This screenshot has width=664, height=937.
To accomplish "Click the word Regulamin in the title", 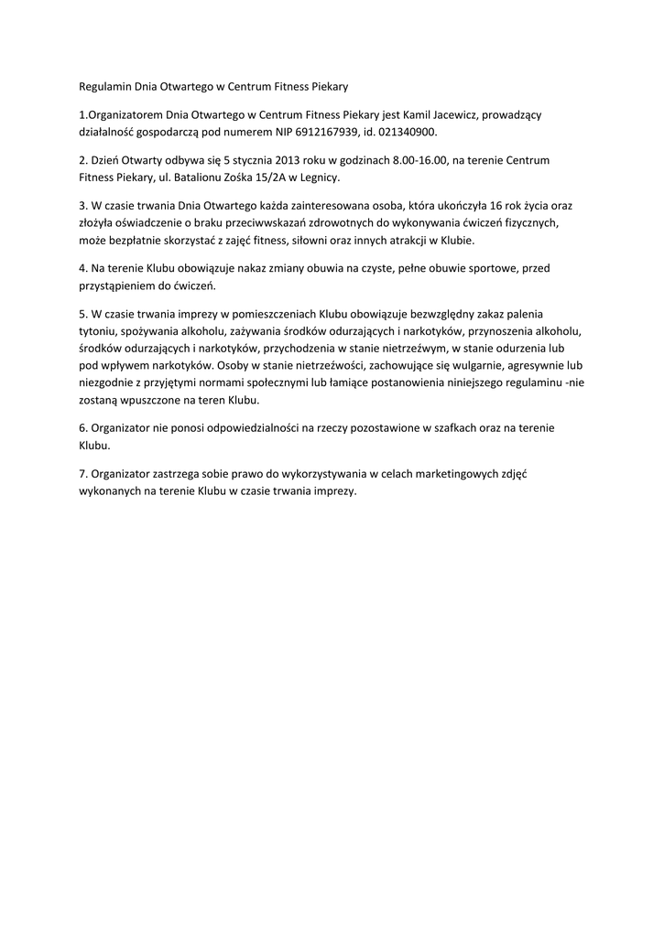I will coord(103,86).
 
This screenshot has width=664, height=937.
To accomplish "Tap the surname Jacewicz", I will coord(464,114).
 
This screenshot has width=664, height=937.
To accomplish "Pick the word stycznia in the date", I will coord(261,160).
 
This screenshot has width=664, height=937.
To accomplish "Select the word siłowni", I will coord(315,240).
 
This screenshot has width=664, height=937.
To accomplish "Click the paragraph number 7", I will coord(82,474).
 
